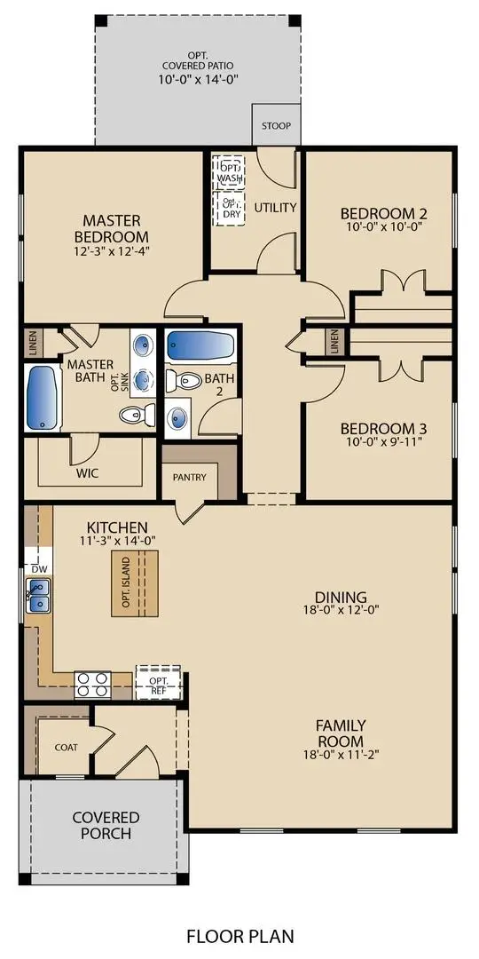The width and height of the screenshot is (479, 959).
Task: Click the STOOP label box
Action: (x=274, y=125)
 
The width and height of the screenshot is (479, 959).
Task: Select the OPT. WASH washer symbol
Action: (x=230, y=172)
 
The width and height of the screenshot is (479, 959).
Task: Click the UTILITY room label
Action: (x=275, y=208)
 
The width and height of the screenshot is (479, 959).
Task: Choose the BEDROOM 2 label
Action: (x=384, y=213)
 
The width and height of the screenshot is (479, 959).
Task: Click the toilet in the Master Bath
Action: (x=134, y=414)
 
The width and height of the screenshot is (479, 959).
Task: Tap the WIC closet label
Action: (x=87, y=473)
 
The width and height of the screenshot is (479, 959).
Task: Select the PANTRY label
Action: (x=190, y=478)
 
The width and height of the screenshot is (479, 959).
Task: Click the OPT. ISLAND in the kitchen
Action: (x=134, y=583)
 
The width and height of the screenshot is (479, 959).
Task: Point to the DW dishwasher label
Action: (x=39, y=568)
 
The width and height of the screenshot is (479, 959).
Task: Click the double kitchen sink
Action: (x=39, y=595)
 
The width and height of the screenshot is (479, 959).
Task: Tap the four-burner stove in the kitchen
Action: (x=92, y=684)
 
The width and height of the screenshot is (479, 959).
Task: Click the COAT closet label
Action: (x=66, y=747)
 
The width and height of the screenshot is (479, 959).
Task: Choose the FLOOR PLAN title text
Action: (x=239, y=936)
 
